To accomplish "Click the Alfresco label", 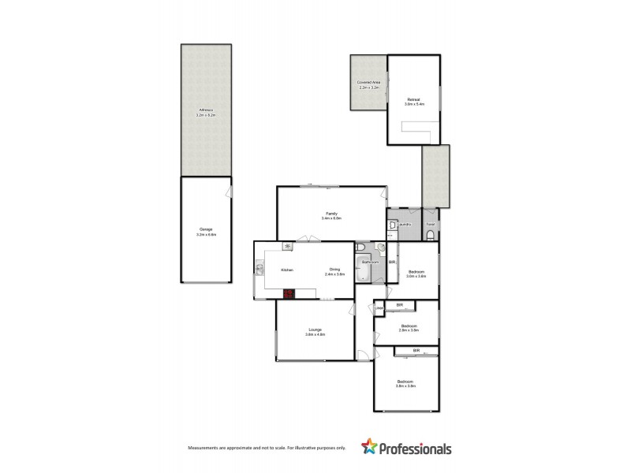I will (x=206, y=111).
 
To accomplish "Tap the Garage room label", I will (x=206, y=231).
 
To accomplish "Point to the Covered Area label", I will (x=369, y=82).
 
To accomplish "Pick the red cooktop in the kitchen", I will (x=289, y=294).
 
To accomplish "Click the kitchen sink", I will (x=259, y=270).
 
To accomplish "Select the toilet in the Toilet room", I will (x=431, y=234).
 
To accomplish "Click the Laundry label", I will (x=405, y=225).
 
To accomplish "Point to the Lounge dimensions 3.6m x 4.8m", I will (x=315, y=334).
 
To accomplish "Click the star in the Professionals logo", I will (x=368, y=448).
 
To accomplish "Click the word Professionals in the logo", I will (x=416, y=449).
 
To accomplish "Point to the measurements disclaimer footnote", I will (x=267, y=448).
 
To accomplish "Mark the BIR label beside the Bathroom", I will (x=391, y=262).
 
